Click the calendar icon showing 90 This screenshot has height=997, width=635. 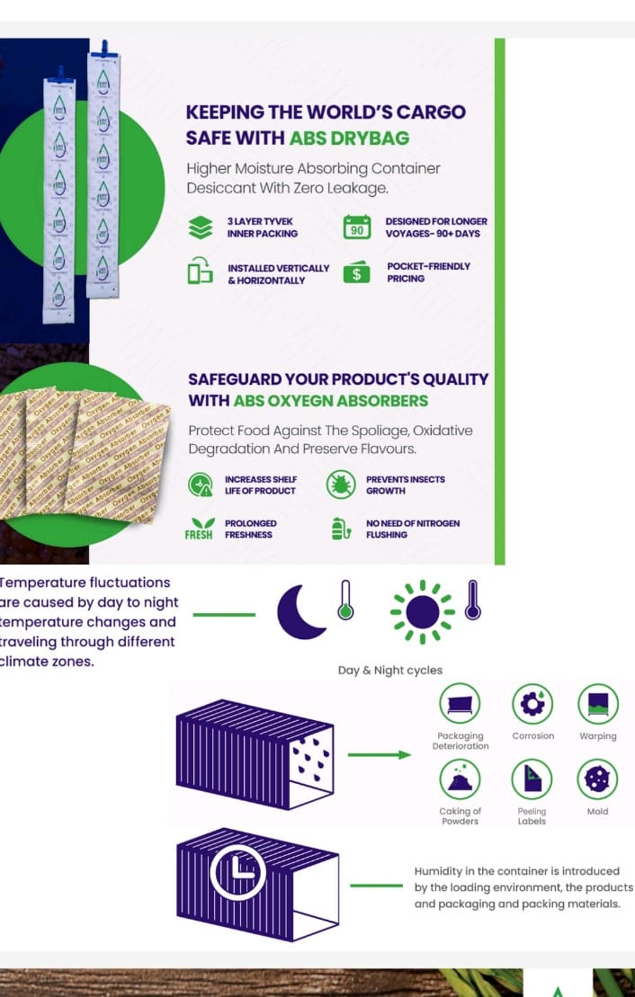click(357, 227)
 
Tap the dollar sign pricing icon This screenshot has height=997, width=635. click(357, 273)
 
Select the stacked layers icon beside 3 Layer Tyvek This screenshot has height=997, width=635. click(201, 227)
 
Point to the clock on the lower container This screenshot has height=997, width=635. click(237, 874)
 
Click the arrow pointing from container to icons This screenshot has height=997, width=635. click(379, 754)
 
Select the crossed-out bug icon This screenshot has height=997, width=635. click(341, 485)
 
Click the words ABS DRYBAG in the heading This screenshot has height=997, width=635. click(349, 138)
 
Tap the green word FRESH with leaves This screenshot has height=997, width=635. click(200, 530)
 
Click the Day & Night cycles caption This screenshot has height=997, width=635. click(389, 670)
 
